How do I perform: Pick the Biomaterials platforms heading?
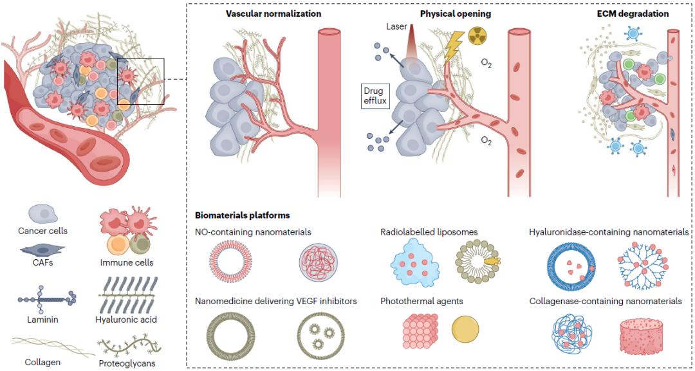243,215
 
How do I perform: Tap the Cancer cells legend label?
43,231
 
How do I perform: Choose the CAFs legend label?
43,262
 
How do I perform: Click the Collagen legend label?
43,363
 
